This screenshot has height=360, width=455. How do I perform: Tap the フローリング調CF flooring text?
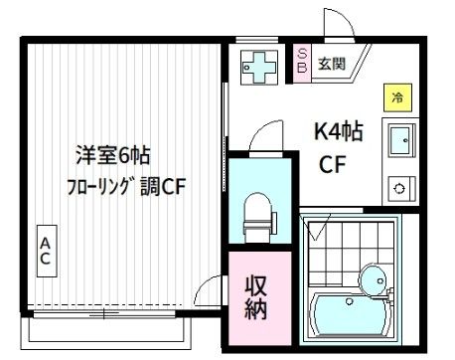click(127, 187)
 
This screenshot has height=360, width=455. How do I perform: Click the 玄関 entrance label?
click(331, 66)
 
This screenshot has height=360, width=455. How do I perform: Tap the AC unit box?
click(46, 251)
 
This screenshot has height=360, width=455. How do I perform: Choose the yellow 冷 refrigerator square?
click(397, 97)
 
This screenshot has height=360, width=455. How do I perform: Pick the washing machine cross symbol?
click(260, 66)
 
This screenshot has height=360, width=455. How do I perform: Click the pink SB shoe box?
click(302, 62)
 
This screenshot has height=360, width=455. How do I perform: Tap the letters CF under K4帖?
click(332, 166)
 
